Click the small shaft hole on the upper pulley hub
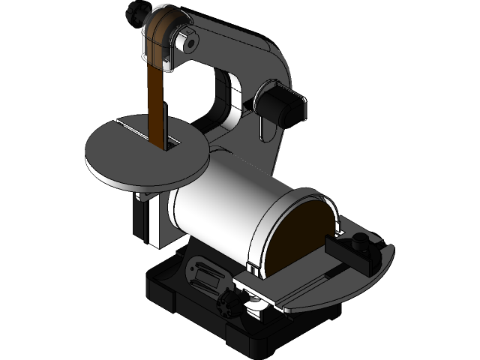pos(190,43)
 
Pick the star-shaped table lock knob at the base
pos(229,304)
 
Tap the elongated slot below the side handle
pos(263,133)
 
